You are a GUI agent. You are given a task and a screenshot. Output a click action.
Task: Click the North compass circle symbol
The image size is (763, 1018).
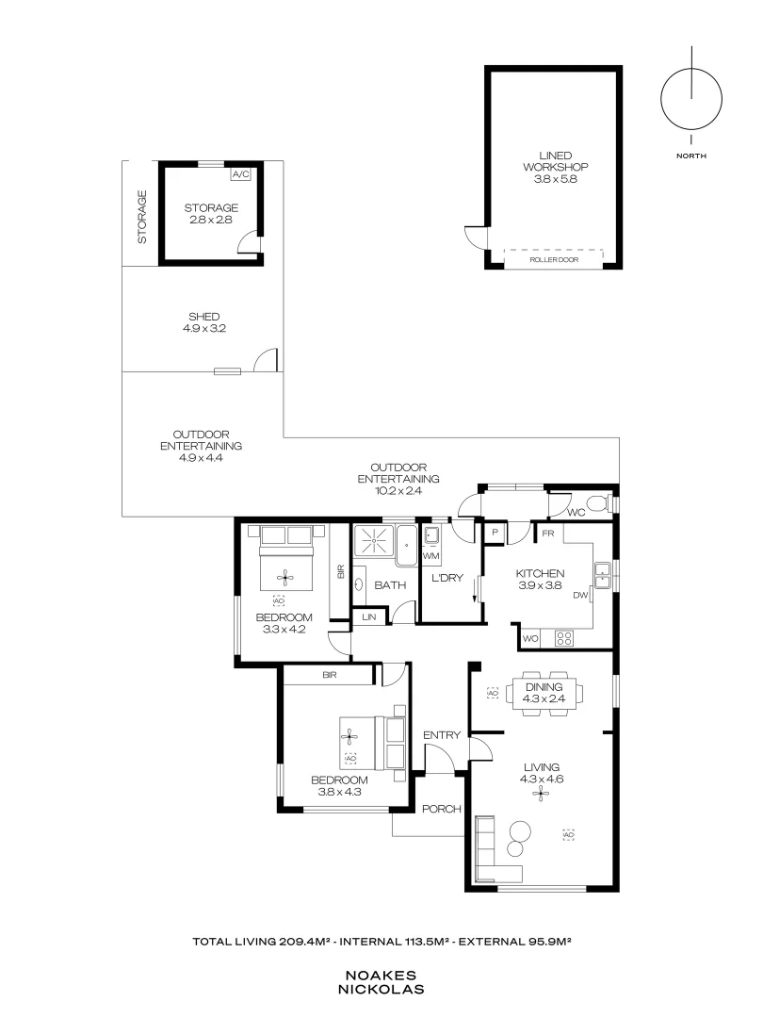(x=691, y=99)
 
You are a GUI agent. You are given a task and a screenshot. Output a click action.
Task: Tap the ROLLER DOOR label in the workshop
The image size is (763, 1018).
(x=553, y=259)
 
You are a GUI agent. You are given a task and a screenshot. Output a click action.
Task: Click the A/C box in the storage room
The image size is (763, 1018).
(x=240, y=174)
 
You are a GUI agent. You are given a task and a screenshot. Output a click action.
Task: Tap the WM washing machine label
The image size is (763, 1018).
(x=431, y=557)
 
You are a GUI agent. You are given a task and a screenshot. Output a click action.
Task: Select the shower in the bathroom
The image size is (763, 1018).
(x=374, y=545)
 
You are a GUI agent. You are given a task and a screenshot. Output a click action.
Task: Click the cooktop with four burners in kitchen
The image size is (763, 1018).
(x=564, y=638)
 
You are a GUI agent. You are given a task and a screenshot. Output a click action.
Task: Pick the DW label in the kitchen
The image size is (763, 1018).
(x=580, y=596)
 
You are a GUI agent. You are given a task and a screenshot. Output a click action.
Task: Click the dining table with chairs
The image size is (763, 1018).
(x=541, y=694)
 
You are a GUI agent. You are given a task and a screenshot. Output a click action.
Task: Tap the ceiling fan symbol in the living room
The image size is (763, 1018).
(x=541, y=794)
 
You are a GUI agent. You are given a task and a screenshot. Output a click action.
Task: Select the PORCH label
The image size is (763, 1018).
(x=441, y=809)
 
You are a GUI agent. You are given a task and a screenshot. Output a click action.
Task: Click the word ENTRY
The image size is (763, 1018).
(x=441, y=735)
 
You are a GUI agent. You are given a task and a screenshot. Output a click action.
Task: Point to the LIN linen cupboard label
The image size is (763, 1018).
(x=367, y=616)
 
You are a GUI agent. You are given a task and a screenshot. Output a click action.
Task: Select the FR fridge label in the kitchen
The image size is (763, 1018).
(x=545, y=533)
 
